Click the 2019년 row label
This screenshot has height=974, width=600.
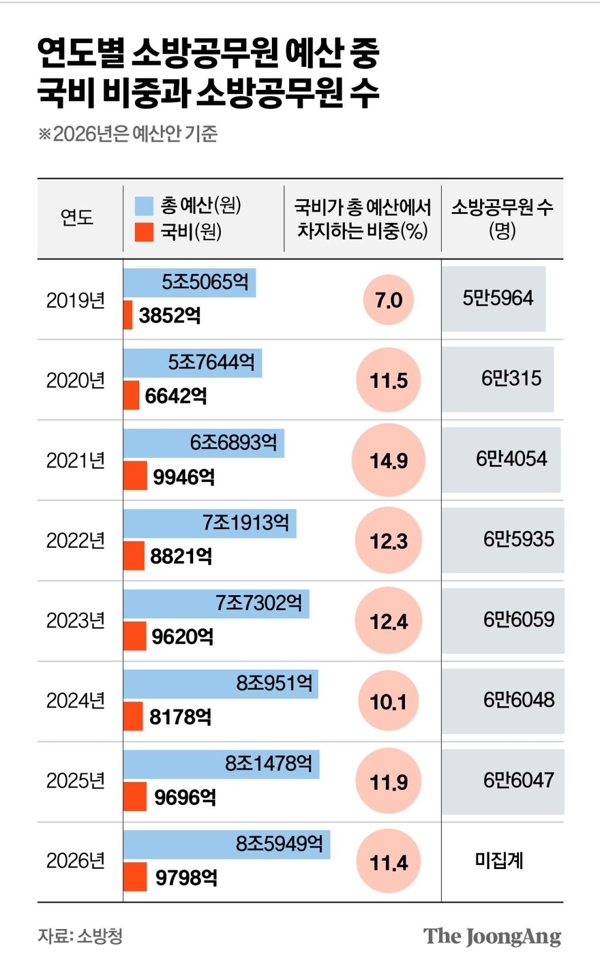point(76,300)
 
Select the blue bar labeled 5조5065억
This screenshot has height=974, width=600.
point(190,282)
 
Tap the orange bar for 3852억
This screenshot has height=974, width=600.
point(128,315)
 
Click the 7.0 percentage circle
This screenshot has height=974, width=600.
point(388,300)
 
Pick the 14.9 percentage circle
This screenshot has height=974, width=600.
point(388,460)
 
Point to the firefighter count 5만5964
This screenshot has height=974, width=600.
point(497,298)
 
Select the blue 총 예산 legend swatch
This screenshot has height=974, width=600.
point(144,206)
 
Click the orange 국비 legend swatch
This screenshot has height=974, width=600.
point(144,232)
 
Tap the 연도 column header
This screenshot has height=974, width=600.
point(77,217)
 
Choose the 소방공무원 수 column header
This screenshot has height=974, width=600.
point(502,218)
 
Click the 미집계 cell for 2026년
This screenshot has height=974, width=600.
point(499,861)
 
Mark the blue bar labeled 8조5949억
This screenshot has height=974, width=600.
point(227,844)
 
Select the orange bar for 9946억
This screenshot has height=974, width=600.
point(135,476)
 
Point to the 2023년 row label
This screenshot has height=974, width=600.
point(76,620)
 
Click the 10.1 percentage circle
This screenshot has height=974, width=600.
point(388,701)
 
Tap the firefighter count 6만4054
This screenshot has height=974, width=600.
point(511,459)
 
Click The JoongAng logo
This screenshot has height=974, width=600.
point(492,936)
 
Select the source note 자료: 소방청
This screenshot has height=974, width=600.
point(80,936)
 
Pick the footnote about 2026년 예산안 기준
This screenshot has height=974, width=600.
point(128,134)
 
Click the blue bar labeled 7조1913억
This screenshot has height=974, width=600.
point(210,523)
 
